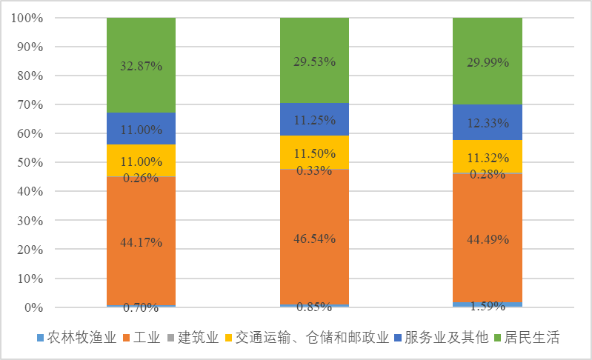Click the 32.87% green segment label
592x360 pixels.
[x=141, y=65]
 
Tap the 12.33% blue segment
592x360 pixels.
[x=487, y=121]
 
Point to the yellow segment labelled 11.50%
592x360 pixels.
[x=314, y=153]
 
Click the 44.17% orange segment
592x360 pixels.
[x=141, y=241]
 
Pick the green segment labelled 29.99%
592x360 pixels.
[x=487, y=62]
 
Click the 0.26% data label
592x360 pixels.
[x=141, y=178]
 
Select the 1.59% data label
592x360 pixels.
[x=487, y=305]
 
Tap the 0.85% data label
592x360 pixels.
[x=314, y=307]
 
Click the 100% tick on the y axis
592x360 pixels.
[x=28, y=18]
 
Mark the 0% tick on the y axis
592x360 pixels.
[x=34, y=307]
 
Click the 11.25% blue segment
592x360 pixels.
[x=314, y=120]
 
